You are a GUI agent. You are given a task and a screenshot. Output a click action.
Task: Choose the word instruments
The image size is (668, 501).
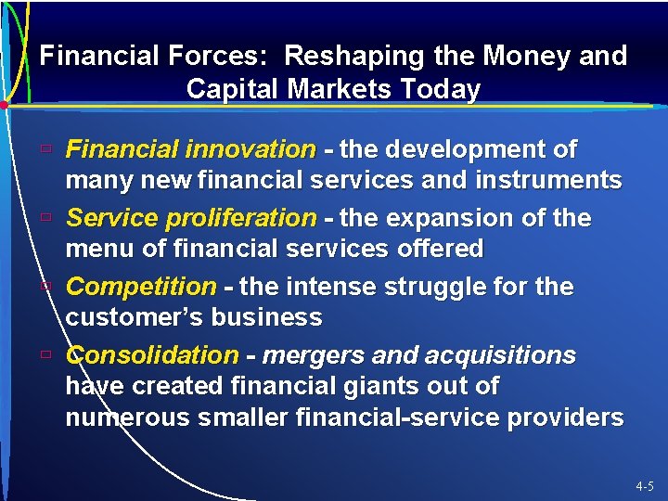(x=535, y=180)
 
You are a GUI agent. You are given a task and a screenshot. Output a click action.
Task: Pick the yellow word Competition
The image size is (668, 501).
(x=141, y=287)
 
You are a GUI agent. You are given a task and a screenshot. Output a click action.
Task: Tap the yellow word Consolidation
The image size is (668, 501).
(x=152, y=355)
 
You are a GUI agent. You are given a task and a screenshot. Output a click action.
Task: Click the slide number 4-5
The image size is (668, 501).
(x=645, y=486)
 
